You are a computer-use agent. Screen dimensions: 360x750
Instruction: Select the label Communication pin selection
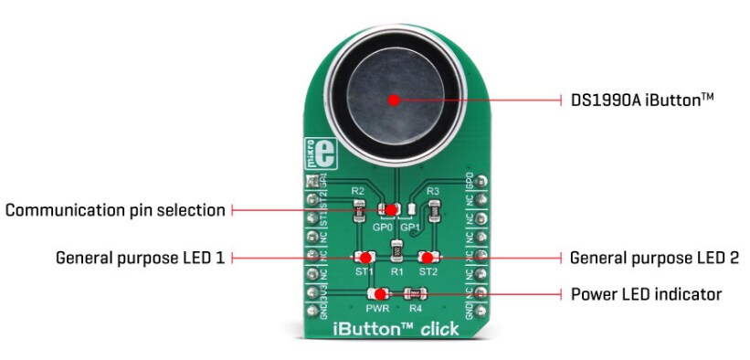[x=115, y=210]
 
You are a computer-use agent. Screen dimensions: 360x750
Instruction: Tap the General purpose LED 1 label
[x=140, y=258]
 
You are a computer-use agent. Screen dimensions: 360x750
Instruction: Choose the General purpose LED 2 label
[x=654, y=258]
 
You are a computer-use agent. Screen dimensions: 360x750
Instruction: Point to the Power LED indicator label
[x=647, y=294]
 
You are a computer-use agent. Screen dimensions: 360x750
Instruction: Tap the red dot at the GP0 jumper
[x=391, y=210]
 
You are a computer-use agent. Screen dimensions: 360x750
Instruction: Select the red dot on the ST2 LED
[x=427, y=258]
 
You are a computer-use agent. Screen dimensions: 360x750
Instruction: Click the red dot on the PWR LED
[x=381, y=294]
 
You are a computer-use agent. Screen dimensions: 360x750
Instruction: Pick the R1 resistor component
[x=396, y=251]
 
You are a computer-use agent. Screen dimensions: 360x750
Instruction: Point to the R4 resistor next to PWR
[x=416, y=294]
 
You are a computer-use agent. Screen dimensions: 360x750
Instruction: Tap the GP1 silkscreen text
[x=411, y=226]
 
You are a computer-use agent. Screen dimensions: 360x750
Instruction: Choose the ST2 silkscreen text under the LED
[x=428, y=272]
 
